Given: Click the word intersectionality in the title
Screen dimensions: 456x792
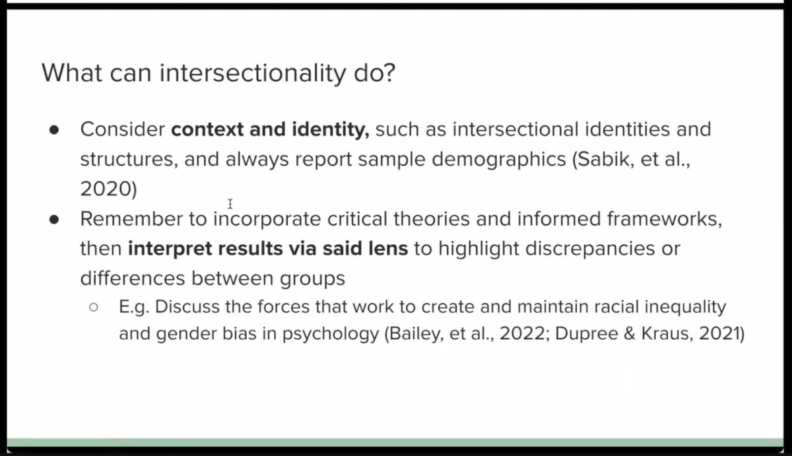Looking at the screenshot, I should pyautogui.click(x=252, y=73).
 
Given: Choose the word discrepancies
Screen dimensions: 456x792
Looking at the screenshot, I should pyautogui.click(x=585, y=249).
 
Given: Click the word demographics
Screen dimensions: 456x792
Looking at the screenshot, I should pyautogui.click(x=490, y=159).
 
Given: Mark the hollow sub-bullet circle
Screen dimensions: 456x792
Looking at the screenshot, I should pyautogui.click(x=93, y=308).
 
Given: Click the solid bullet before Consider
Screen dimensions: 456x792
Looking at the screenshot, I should pyautogui.click(x=55, y=129).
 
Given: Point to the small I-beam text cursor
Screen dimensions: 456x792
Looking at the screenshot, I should pyautogui.click(x=230, y=204).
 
